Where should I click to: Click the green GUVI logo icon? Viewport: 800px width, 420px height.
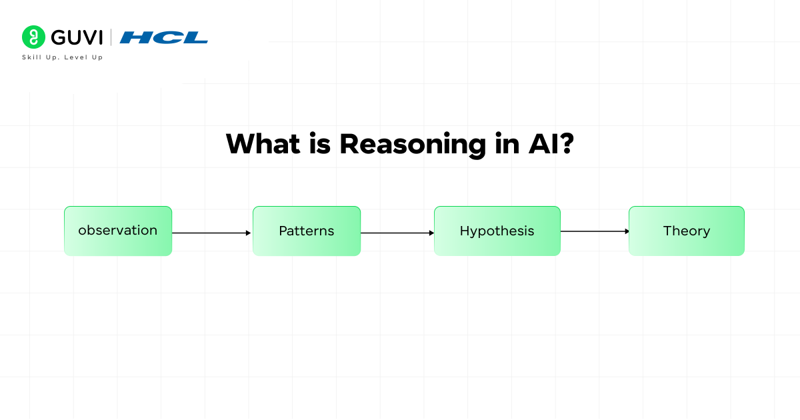point(33,37)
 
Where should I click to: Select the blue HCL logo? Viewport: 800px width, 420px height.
point(163,37)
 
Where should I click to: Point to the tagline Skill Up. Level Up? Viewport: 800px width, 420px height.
point(63,57)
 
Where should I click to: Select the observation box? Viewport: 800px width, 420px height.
point(118,231)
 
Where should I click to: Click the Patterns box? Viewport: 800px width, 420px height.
point(307,231)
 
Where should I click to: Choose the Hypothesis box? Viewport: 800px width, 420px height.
point(497,231)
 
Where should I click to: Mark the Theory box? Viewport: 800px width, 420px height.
point(686,231)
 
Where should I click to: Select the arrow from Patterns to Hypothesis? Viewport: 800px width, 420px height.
point(397,233)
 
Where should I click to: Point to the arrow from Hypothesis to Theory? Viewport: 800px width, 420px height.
point(594,231)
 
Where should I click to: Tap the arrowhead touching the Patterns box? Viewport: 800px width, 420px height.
point(249,233)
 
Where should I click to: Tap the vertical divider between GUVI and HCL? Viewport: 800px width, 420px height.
point(111,37)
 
